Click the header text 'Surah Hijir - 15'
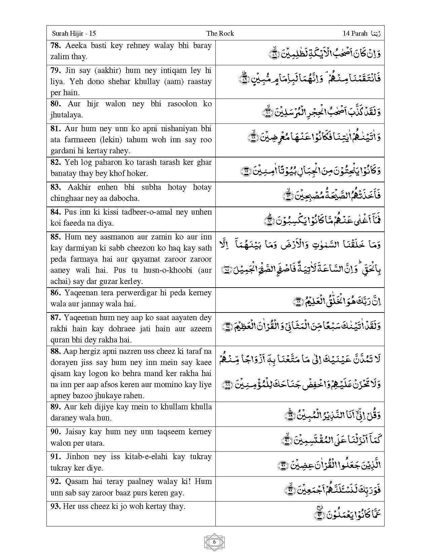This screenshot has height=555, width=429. pos(74,33)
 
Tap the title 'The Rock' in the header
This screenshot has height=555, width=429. pos(220,33)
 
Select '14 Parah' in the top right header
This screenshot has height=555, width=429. pos(355,33)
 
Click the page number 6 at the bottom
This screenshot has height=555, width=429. pos(214,542)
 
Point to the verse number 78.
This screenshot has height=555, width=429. pos(56,46)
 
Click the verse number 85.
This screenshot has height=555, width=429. pos(56,237)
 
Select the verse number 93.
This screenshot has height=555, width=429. pos(56,506)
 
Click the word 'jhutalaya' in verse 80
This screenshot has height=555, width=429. pos(66,115)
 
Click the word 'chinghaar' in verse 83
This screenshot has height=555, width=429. pos(66,198)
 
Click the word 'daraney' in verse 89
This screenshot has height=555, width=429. pos(63,418)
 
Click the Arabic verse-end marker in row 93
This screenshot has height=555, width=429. pos(319,513)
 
